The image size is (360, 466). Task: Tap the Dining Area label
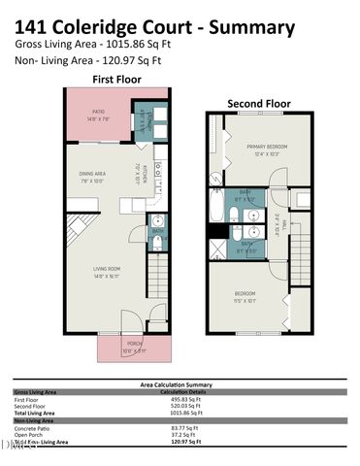click(93, 176)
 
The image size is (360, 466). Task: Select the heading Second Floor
click(258, 102)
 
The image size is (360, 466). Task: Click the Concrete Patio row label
click(33, 427)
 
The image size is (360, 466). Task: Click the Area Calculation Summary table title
click(180, 384)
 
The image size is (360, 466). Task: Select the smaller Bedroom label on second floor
click(245, 294)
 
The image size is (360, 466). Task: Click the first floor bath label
click(156, 231)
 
